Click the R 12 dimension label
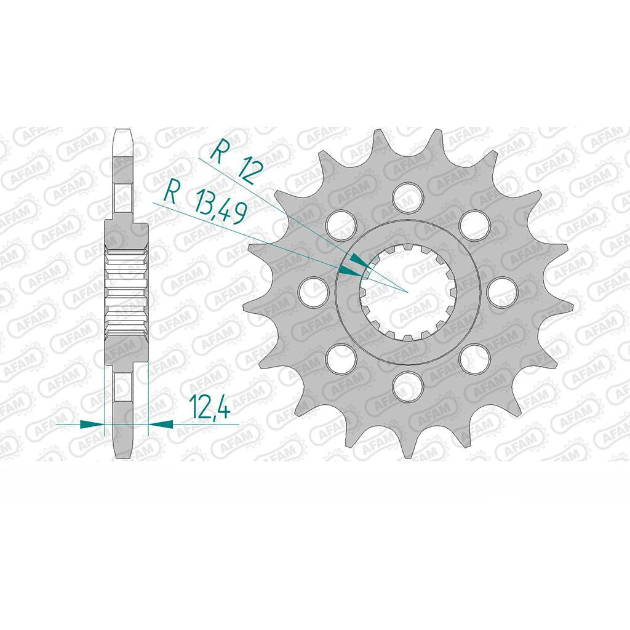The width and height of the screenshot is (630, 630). tap(236, 161)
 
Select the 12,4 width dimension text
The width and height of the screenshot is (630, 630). tap(211, 406)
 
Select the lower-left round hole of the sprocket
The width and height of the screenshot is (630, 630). tap(341, 359)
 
